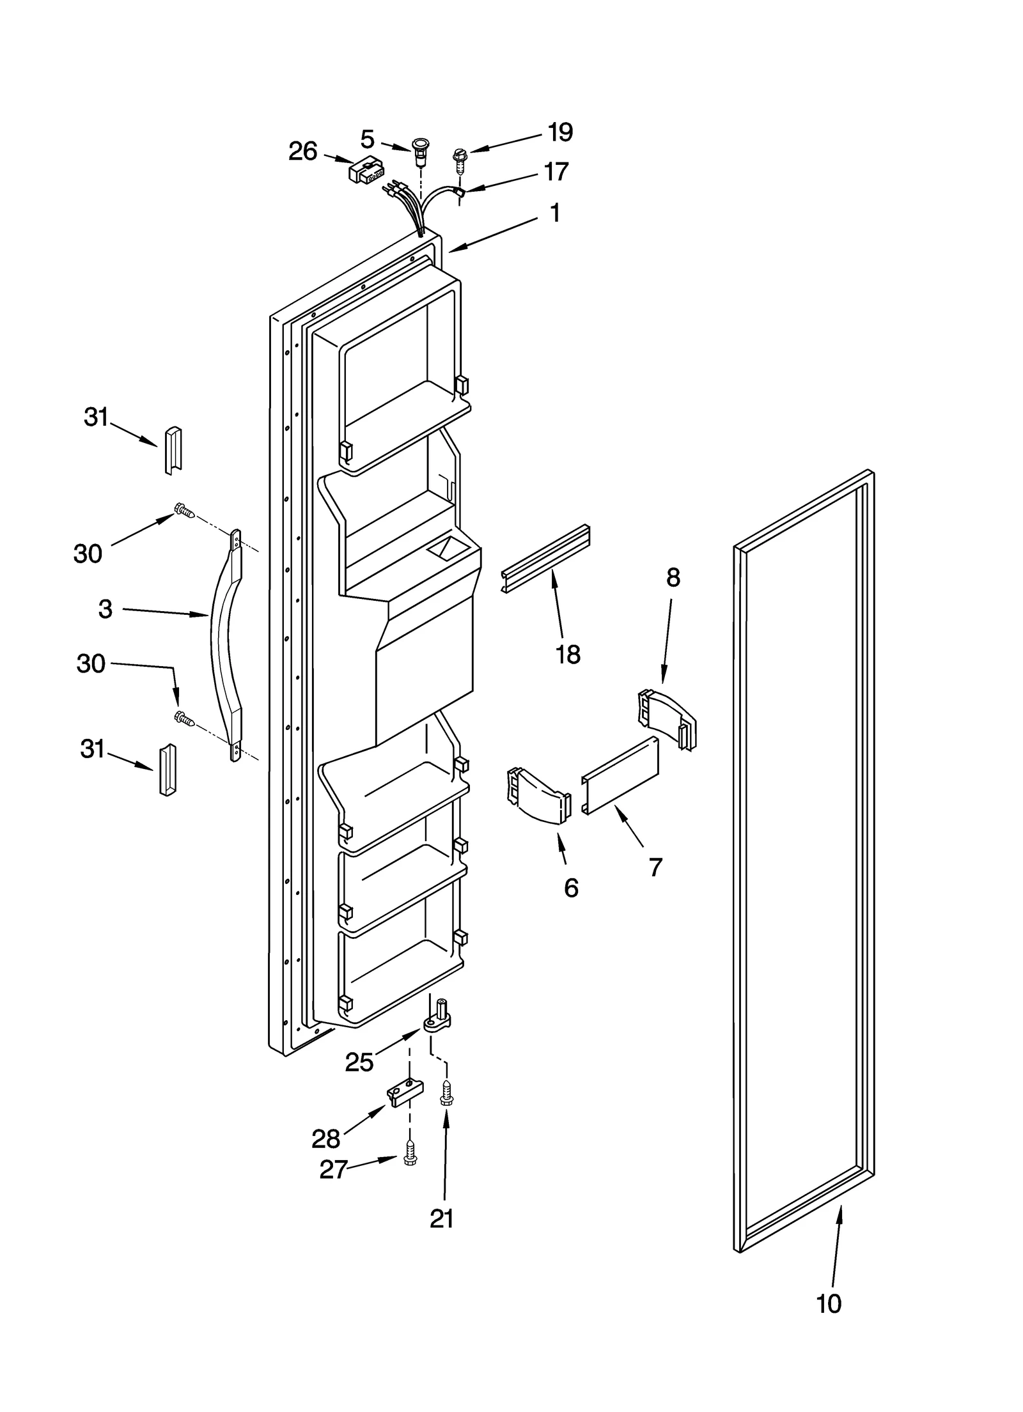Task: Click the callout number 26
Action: pyautogui.click(x=302, y=151)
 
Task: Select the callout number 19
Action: pyautogui.click(x=560, y=132)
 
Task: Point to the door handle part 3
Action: pyautogui.click(x=226, y=646)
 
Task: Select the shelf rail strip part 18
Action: pyautogui.click(x=545, y=559)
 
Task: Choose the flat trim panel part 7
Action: pyautogui.click(x=619, y=775)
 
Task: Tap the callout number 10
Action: pyautogui.click(x=829, y=1303)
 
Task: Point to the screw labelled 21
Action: pyautogui.click(x=446, y=1092)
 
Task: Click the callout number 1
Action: pyautogui.click(x=555, y=213)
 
